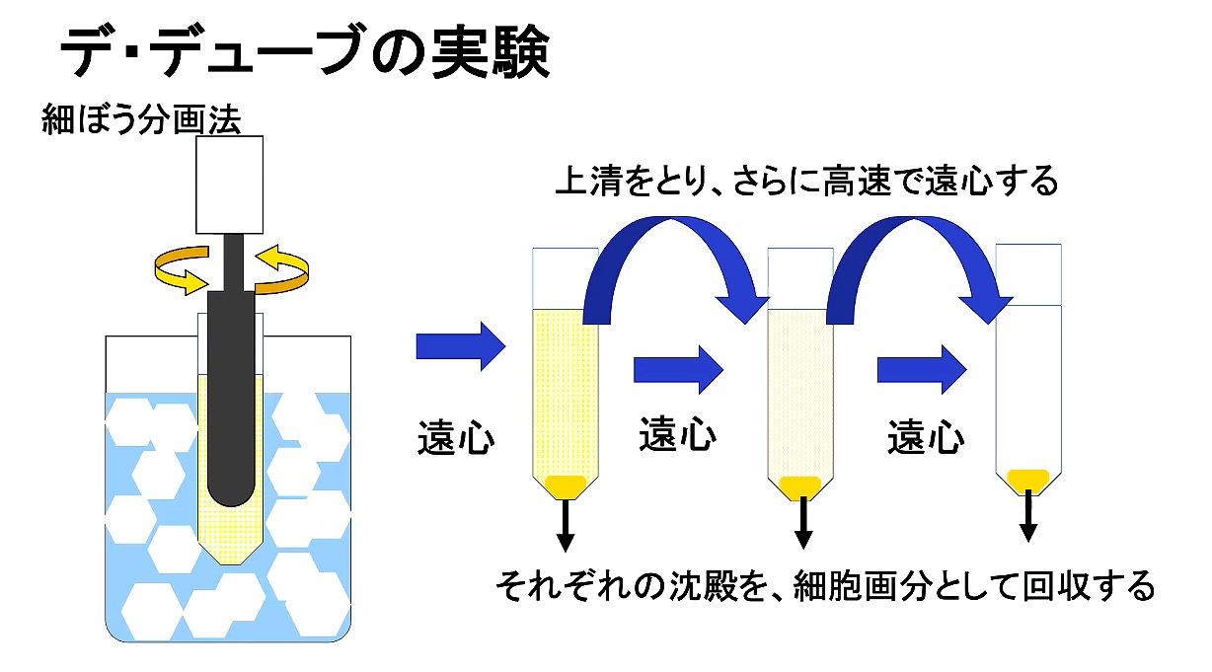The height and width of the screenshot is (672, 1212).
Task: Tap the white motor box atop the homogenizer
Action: pos(230,185)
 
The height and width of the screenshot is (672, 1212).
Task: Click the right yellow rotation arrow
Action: pos(288,269)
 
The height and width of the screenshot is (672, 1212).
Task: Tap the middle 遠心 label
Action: pos(677,434)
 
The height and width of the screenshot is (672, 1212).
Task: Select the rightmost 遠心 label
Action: pos(925,436)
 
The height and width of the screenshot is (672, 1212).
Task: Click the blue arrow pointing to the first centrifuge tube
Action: pos(460,346)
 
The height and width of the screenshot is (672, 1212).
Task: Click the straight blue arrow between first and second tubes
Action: pos(678,367)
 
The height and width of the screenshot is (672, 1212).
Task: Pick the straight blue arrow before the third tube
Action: pos(922,368)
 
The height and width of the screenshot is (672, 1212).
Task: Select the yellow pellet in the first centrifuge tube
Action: pos(566,485)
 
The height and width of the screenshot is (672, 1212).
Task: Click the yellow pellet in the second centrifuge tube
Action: pos(800,486)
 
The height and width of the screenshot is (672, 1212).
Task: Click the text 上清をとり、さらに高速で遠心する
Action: pos(806,182)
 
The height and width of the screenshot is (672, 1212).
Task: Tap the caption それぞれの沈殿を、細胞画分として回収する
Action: pos(825,586)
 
